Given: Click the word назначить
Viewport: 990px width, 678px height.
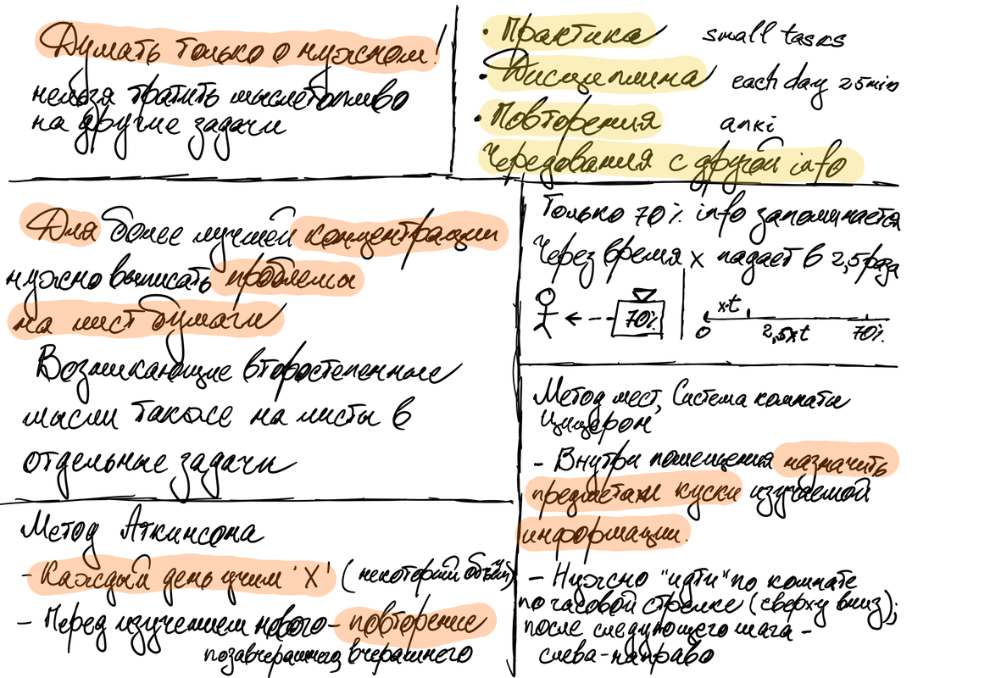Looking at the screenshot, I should pyautogui.click(x=836, y=462).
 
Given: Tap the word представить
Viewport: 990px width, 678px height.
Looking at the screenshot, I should pyautogui.click(x=593, y=493).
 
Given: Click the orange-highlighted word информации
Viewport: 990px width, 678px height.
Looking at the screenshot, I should pyautogui.click(x=605, y=535).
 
